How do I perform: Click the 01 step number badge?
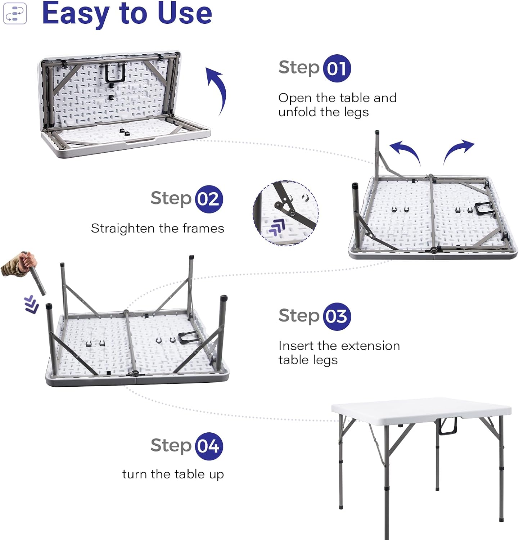pyautogui.click(x=337, y=68)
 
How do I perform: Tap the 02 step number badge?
pyautogui.click(x=209, y=199)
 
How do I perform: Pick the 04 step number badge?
pyautogui.click(x=209, y=446)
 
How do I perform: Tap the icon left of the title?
pyautogui.click(x=15, y=13)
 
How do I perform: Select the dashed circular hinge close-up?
pyautogui.click(x=286, y=213)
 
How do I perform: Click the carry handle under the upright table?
pyautogui.click(x=447, y=426)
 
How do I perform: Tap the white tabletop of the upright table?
pyautogui.click(x=421, y=409)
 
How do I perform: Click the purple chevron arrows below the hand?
pyautogui.click(x=32, y=305)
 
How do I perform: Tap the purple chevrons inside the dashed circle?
pyautogui.click(x=277, y=227)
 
